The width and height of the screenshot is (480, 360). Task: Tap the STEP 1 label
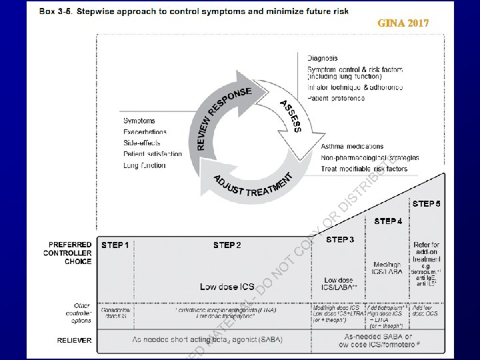(116, 245)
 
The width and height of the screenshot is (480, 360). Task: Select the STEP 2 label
(227, 245)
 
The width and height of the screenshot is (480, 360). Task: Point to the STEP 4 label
(388, 221)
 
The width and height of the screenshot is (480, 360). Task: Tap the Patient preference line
(336, 98)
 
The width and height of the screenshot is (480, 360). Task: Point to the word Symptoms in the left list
(139, 121)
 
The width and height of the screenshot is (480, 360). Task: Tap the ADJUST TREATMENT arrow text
(250, 187)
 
